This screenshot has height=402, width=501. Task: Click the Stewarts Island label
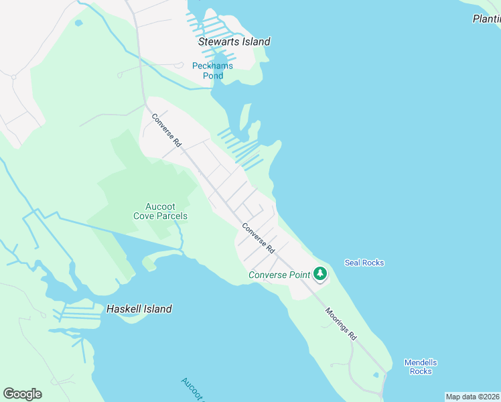[x=234, y=42]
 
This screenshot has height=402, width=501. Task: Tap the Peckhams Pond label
[x=213, y=70]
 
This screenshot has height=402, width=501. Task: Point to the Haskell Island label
[x=139, y=309]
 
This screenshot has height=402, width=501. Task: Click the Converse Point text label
[x=279, y=275]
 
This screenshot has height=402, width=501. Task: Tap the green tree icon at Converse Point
[x=320, y=274]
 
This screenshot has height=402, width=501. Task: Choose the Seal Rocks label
[x=364, y=263]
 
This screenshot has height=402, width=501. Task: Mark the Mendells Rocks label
[x=421, y=366]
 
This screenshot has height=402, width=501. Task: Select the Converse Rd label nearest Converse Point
[x=259, y=238]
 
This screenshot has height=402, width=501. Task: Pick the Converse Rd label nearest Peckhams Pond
[x=167, y=130]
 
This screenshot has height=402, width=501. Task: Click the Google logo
[x=22, y=394]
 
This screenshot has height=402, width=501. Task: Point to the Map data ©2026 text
[x=473, y=397]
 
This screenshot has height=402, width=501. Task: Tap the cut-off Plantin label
[x=486, y=19]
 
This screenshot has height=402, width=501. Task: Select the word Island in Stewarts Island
[x=253, y=42]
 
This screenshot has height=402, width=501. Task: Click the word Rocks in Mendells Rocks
[x=421, y=371]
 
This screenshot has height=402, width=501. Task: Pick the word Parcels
[x=170, y=216]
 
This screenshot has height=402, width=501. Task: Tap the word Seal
[x=352, y=263]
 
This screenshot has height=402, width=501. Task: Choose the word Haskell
[x=123, y=309]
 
